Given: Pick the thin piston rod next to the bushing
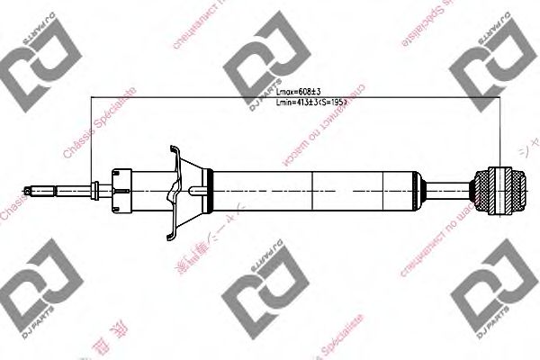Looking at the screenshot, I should click(454, 189).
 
